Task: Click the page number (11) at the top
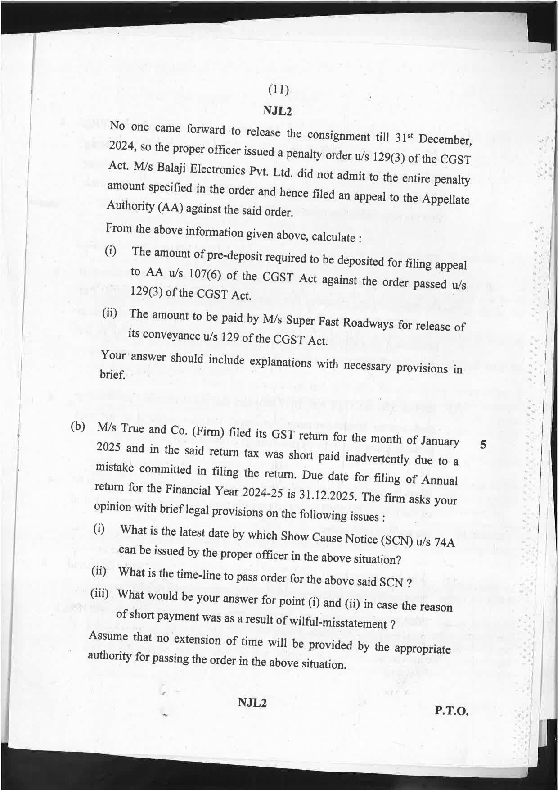[278, 90]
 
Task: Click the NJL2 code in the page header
[278, 111]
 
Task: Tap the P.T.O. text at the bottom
[452, 712]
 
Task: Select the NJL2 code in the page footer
[252, 702]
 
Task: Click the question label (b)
[78, 427]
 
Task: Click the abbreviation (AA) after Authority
[171, 208]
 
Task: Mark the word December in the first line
[445, 140]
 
